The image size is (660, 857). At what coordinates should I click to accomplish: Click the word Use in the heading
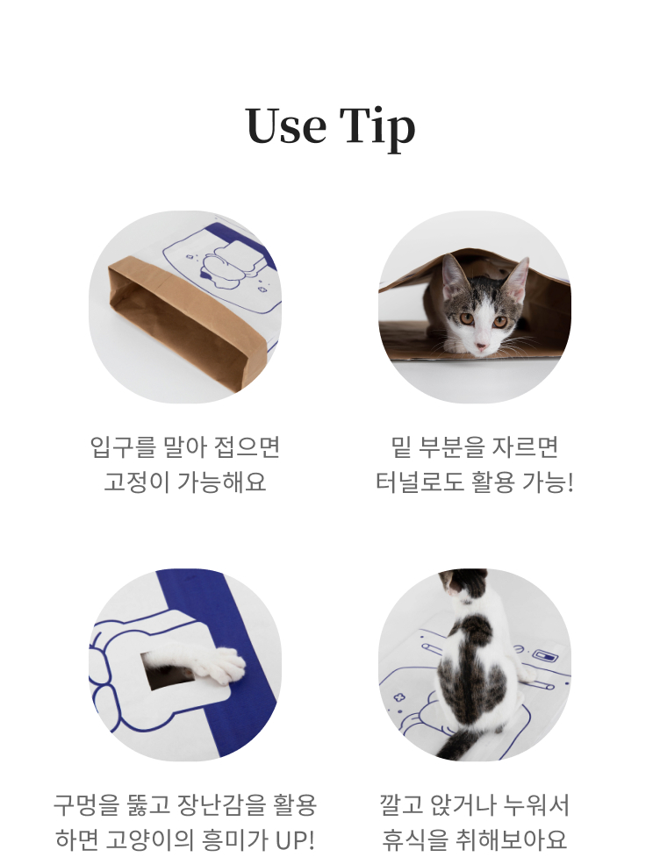coord(286,126)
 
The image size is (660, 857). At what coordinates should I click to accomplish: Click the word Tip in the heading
coord(377,130)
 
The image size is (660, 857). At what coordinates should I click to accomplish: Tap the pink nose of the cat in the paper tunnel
coord(481,346)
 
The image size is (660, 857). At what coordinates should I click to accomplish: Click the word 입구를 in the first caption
coord(123,447)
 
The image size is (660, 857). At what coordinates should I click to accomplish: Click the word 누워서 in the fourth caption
coord(536,805)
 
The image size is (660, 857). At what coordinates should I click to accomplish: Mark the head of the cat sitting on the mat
coord(462,582)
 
